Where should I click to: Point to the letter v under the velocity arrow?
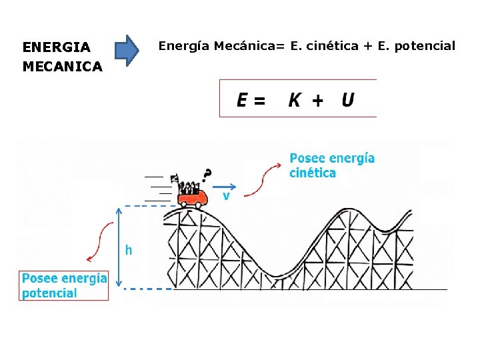pos(227,197)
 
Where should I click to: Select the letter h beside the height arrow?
pos(129,251)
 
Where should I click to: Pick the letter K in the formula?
pos(294,101)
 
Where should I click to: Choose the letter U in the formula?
pos(347,100)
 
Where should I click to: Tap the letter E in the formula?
pos(243,101)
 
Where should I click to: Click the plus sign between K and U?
pos(318,101)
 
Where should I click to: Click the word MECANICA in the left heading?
pos(62,67)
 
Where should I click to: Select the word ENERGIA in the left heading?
pos(56,47)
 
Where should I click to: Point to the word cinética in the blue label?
pos(313,173)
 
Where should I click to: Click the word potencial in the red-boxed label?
pos(49,293)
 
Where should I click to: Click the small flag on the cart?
pos(175,178)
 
